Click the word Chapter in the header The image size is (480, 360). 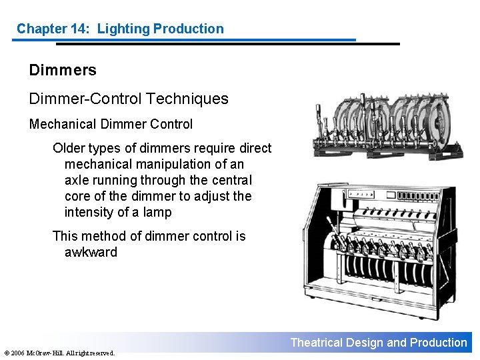41,29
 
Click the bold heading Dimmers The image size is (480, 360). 63,70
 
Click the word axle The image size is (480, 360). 77,180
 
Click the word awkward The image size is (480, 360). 91,252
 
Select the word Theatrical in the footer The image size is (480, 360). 317,343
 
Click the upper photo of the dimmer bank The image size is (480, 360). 388,127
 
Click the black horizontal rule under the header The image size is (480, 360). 227,44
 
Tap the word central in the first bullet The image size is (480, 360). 231,180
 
